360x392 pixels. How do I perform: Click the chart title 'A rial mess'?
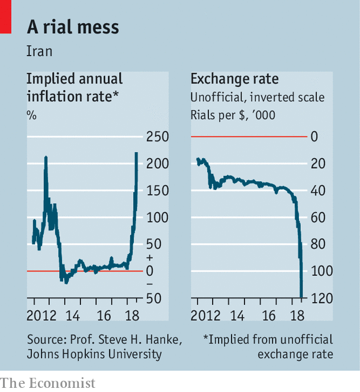point(73,27)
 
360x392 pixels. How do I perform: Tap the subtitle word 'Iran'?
point(39,51)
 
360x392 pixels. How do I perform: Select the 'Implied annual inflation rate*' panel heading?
point(75,87)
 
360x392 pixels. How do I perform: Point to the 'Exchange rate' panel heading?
point(234,79)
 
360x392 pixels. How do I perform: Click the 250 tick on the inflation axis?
point(158,137)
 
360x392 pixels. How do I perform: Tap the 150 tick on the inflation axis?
point(158,191)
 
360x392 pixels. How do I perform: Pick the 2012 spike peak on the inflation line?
point(46,158)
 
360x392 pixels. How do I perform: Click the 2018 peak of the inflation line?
point(137,153)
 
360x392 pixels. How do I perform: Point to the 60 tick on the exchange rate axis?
point(319,217)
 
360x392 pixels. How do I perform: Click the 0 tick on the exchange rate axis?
point(315,137)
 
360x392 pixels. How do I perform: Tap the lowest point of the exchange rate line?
point(302,297)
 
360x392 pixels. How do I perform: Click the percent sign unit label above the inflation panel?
point(31,115)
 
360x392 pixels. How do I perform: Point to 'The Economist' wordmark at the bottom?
point(48,383)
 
